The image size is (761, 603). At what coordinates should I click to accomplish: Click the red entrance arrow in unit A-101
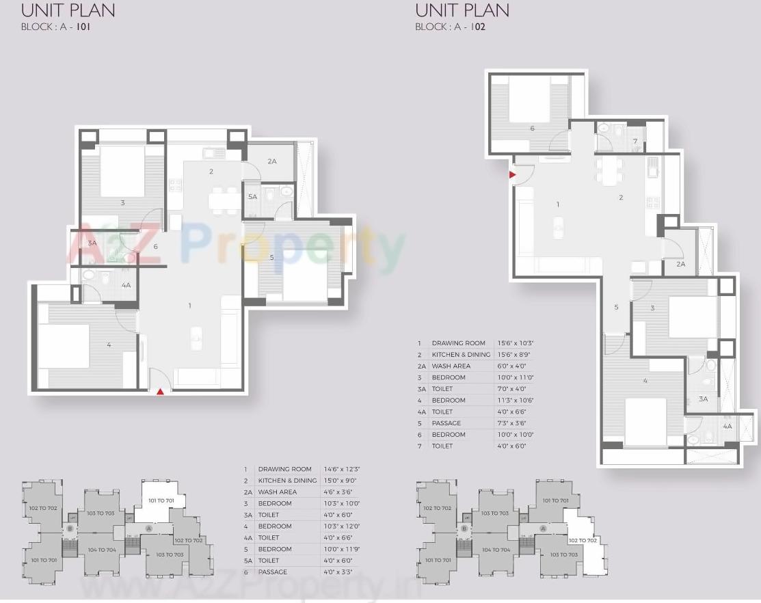160,391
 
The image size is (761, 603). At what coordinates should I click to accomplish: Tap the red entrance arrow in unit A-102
512,175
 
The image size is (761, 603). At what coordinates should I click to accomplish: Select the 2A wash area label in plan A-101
271,161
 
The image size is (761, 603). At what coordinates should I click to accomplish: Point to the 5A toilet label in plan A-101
252,197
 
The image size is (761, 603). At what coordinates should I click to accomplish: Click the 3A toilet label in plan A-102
703,399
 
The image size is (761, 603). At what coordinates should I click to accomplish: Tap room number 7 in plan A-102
635,142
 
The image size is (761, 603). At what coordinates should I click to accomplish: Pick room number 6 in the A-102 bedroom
532,128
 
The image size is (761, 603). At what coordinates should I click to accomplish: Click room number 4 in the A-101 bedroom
109,345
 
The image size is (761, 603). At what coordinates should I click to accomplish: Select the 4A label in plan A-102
727,426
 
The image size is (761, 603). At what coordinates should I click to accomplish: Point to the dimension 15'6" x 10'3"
516,343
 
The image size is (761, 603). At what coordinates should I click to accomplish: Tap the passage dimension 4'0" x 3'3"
340,572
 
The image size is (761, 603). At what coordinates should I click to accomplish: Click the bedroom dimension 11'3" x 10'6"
516,400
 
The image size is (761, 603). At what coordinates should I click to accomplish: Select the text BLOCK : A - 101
56,28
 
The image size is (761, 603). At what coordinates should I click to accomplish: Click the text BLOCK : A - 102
450,28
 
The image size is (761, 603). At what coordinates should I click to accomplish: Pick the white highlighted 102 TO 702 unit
583,540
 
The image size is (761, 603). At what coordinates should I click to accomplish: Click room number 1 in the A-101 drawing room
190,306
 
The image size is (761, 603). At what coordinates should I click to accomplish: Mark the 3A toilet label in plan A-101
92,243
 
